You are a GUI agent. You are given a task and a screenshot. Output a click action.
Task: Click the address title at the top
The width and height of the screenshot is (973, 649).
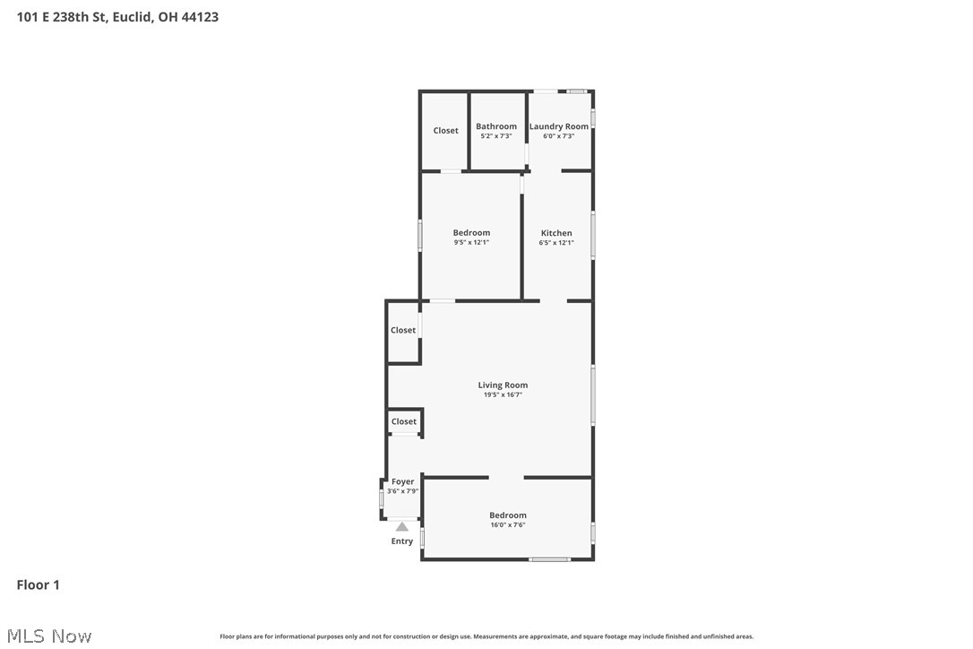click(117, 16)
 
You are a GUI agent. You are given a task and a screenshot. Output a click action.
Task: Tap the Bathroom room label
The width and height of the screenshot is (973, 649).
click(495, 126)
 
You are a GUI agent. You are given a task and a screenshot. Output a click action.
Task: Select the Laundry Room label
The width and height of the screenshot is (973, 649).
click(558, 126)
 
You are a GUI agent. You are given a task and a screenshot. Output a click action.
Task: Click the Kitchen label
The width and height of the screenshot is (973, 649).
click(555, 233)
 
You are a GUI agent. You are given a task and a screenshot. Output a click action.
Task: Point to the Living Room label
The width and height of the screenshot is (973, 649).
click(503, 385)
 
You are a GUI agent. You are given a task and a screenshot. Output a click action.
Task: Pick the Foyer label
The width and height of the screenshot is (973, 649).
click(402, 481)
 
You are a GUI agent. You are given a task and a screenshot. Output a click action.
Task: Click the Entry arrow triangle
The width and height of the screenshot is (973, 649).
click(402, 527)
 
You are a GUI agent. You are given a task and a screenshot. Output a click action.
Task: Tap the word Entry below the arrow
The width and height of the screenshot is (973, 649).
click(402, 541)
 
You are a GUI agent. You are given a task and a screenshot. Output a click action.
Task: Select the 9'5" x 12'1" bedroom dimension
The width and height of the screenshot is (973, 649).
click(471, 243)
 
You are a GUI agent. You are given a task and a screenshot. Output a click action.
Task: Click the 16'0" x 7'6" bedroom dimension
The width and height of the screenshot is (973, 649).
click(507, 525)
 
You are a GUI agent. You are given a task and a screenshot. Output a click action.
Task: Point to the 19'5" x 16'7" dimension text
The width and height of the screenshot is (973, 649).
click(503, 394)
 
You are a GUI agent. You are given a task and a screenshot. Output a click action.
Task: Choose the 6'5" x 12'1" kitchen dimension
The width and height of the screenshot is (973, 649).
click(555, 243)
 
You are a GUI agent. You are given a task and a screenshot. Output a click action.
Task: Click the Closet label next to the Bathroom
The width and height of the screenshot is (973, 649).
click(445, 131)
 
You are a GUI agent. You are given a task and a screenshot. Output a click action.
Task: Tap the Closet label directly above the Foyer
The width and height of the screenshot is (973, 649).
click(403, 421)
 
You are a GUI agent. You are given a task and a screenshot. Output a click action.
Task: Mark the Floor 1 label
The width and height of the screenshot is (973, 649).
click(38, 585)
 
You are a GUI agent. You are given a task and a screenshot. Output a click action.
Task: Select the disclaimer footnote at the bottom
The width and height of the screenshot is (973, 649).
click(486, 636)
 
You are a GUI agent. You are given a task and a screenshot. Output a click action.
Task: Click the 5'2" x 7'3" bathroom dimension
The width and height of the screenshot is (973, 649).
click(495, 136)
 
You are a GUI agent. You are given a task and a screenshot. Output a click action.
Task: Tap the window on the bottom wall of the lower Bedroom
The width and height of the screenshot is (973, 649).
click(549, 559)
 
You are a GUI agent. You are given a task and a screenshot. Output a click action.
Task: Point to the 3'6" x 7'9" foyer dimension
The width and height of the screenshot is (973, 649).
click(402, 491)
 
